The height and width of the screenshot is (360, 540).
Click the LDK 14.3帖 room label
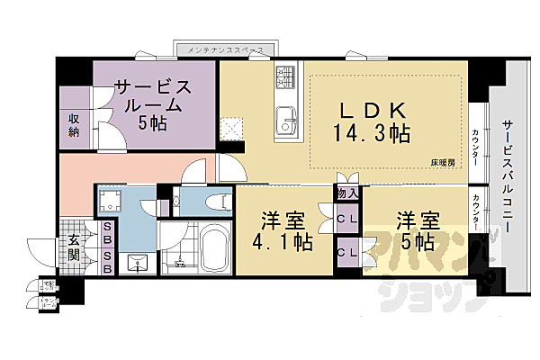pos(375,122)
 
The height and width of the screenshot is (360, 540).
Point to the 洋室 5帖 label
pos(415,229)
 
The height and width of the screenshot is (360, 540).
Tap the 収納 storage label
pos(73,125)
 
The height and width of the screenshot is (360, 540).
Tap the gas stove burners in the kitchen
pos(286,82)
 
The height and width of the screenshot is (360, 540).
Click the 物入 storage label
pos(347,193)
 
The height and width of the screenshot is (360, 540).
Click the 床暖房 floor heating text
pos(441,163)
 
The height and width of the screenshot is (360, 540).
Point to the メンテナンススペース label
pos(227,48)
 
